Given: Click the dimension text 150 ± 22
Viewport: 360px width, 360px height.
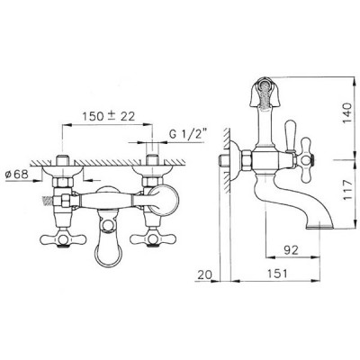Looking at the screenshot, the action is pos(109,116).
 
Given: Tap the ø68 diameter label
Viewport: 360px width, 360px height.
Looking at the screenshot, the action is pos(17,174).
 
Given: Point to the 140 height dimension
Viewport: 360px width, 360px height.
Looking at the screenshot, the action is pos(347,112).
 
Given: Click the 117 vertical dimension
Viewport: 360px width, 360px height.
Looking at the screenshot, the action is pos(347,190).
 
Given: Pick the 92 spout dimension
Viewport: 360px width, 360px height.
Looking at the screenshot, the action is pos(292,249).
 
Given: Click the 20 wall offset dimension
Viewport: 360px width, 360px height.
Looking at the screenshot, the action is pos(204,274).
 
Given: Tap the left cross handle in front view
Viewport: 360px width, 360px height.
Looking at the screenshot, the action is pos(63,239).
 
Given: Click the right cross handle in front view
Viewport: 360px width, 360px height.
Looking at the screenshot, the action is pos(153,239).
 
